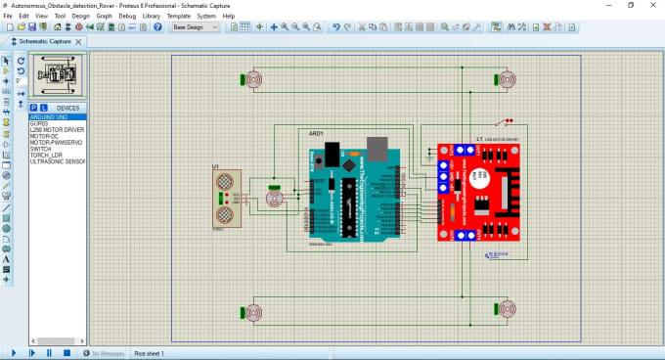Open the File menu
tap(8, 17)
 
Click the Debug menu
tap(127, 17)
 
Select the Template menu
tap(178, 17)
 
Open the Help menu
tap(229, 17)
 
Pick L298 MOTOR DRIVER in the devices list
tap(57, 129)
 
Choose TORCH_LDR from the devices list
tap(47, 155)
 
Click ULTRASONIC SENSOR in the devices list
tap(58, 161)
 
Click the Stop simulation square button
tap(66, 352)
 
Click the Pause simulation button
tap(49, 352)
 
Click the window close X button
tap(649, 5)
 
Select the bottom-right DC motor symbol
tap(507, 311)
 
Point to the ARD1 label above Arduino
tap(316, 133)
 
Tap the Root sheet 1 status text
tap(149, 353)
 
